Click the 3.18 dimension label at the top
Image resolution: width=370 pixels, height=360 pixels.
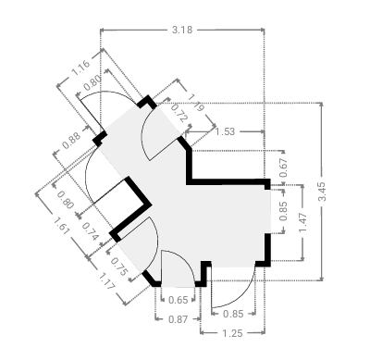(x=182, y=30)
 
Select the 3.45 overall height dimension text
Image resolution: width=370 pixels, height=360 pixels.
(x=322, y=192)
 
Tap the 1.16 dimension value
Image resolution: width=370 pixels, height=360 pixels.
(x=80, y=68)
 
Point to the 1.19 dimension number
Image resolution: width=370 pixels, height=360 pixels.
(x=196, y=103)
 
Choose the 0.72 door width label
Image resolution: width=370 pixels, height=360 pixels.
(x=179, y=113)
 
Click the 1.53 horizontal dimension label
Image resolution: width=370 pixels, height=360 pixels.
(x=225, y=131)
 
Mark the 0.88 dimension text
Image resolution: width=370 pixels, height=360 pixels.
(x=71, y=141)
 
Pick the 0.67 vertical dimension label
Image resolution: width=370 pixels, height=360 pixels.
(x=283, y=168)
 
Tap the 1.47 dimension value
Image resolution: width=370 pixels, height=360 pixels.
(x=302, y=222)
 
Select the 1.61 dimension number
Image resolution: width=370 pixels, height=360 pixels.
(x=60, y=226)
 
